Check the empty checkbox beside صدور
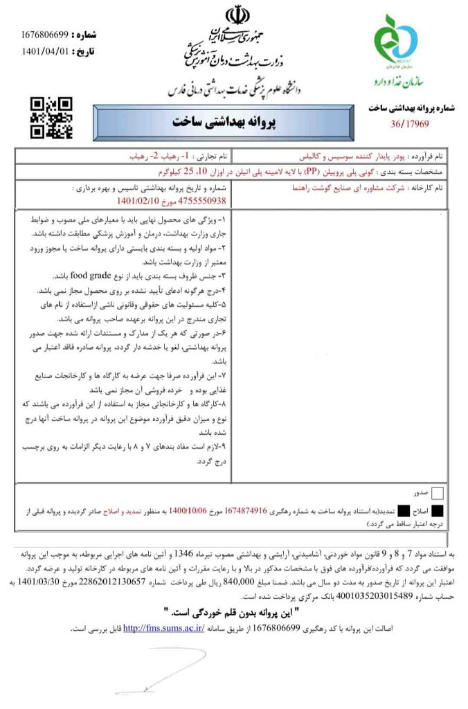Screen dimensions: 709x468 (x=437, y=494)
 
